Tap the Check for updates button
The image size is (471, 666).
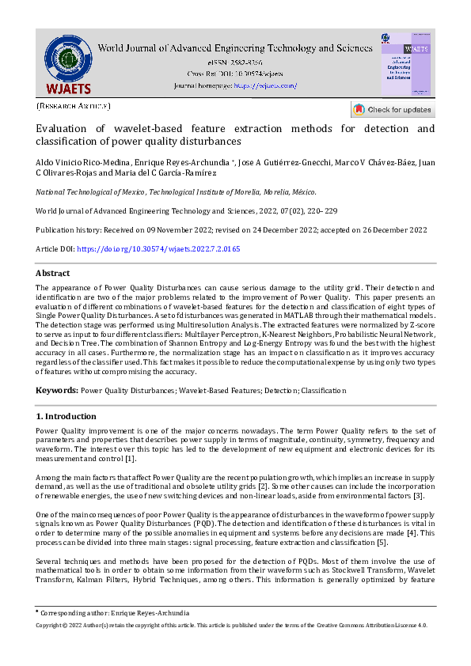click(x=393, y=110)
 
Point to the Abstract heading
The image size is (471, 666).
click(x=53, y=273)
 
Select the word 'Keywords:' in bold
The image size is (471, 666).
click(x=57, y=391)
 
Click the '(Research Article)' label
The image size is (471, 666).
click(x=74, y=105)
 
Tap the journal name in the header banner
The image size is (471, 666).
click(x=234, y=48)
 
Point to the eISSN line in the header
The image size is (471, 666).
click(x=234, y=62)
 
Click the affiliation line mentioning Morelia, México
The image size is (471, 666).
click(x=177, y=191)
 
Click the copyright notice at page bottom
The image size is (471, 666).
click(x=232, y=624)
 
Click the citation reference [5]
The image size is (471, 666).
click(x=381, y=542)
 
